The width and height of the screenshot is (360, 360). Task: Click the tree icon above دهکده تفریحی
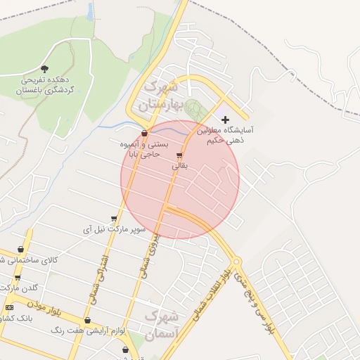(45, 69)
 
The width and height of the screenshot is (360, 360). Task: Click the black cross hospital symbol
(225, 120)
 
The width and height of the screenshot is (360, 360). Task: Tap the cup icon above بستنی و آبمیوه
(144, 133)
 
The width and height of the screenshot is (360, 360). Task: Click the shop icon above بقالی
(179, 155)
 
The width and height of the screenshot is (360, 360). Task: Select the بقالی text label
(180, 167)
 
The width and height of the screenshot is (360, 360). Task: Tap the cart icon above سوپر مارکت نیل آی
(114, 219)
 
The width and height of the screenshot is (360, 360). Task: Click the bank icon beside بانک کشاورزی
(9, 307)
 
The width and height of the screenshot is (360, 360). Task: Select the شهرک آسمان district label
(162, 325)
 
